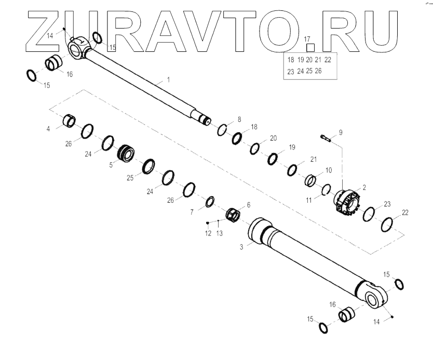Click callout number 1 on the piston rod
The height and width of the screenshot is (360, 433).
(x=168, y=80)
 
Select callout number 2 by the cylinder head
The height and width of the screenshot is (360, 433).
(x=364, y=187)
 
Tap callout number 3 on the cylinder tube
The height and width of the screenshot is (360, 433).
(x=241, y=247)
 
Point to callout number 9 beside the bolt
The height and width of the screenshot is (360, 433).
(x=341, y=132)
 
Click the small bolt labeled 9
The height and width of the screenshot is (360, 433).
(x=326, y=138)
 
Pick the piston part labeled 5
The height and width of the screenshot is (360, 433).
(x=127, y=154)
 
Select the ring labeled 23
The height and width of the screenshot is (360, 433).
(x=370, y=213)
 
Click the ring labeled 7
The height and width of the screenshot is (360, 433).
(x=211, y=201)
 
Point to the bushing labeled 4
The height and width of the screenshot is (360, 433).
(x=69, y=121)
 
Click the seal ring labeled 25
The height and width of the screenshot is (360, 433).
(x=147, y=166)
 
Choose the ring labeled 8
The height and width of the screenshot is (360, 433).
(x=222, y=130)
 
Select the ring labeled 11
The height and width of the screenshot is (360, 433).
(x=326, y=190)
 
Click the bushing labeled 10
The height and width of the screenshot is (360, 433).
(x=311, y=181)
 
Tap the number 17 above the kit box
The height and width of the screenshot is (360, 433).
(x=307, y=39)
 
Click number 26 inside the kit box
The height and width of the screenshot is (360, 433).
(x=318, y=71)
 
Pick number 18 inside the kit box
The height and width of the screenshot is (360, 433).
(x=291, y=60)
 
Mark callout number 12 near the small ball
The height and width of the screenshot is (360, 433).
(x=208, y=233)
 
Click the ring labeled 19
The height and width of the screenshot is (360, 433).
(x=273, y=158)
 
